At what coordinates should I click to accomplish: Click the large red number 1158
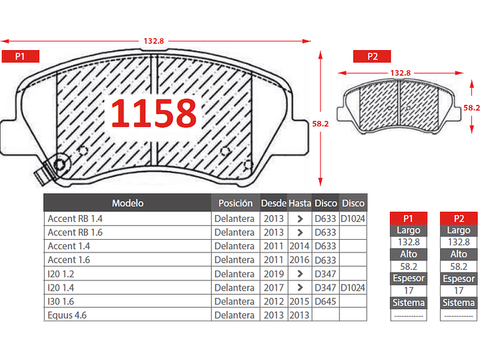(154, 113)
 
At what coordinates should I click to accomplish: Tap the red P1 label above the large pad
(21, 56)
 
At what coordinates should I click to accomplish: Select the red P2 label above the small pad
(372, 56)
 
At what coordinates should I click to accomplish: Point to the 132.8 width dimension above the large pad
(154, 41)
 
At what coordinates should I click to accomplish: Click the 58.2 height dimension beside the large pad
(320, 124)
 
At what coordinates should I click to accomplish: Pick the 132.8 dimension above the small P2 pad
(401, 73)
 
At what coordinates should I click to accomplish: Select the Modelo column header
(128, 203)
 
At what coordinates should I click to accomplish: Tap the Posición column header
(236, 203)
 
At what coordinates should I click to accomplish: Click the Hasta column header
(300, 203)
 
